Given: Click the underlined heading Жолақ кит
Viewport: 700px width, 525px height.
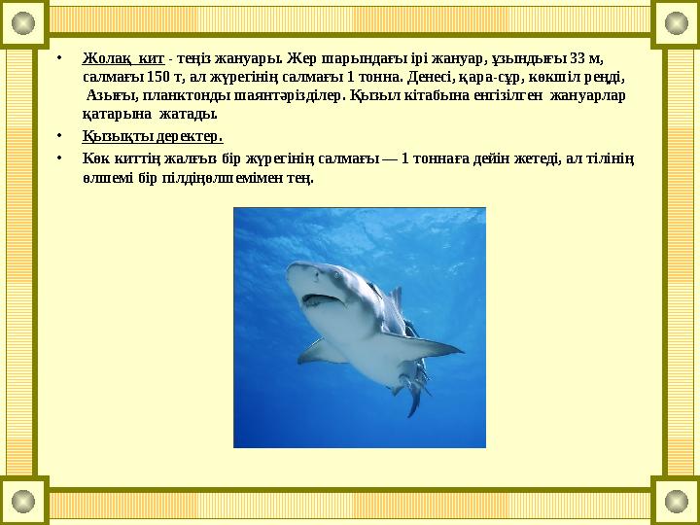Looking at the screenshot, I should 123,56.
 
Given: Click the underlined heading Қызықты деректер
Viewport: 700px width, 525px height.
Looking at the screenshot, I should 153,136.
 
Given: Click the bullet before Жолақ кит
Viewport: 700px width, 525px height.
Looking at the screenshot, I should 59,56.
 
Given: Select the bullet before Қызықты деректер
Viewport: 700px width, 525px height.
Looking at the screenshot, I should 59,136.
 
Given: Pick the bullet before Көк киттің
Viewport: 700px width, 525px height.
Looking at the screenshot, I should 59,157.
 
